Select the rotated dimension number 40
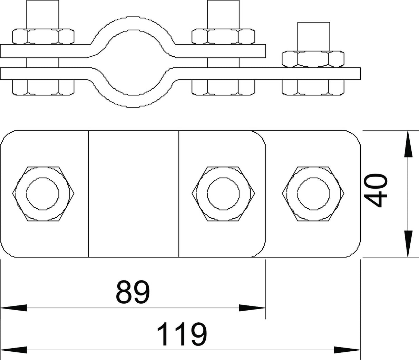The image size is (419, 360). (x=375, y=190)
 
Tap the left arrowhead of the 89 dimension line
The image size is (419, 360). (x=14, y=308)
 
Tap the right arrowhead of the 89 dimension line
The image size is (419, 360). (x=252, y=308)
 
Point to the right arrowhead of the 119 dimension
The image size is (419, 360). (x=347, y=350)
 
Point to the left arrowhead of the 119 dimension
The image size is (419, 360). (x=14, y=350)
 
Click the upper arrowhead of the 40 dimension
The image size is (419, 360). (x=408, y=144)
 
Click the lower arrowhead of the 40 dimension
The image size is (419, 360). (x=408, y=244)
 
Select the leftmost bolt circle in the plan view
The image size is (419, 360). (x=43, y=194)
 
